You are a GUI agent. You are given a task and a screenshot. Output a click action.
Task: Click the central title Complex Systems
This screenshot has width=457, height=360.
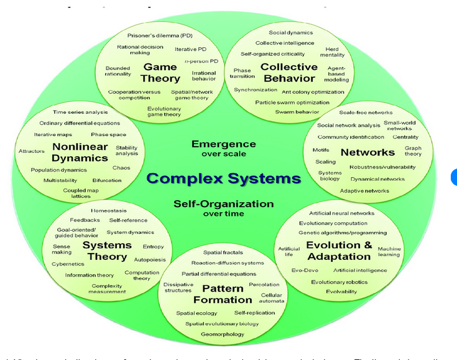click(x=224, y=179)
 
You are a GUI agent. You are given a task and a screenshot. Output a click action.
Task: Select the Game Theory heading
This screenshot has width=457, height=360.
click(x=160, y=73)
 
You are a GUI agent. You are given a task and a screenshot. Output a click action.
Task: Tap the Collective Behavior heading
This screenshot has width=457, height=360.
click(x=289, y=73)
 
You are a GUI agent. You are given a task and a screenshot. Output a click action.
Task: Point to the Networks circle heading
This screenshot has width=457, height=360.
click(x=367, y=152)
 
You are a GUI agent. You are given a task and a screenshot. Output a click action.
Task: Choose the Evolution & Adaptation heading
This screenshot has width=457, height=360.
click(x=338, y=251)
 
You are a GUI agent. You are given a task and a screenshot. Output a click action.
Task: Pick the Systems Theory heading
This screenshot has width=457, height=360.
click(x=107, y=251)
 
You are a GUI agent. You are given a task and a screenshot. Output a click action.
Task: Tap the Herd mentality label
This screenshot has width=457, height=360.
click(x=332, y=52)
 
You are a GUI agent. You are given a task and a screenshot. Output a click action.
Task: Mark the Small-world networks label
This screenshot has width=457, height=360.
click(x=399, y=125)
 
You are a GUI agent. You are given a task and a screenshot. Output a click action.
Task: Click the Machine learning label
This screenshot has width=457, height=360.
click(x=389, y=251)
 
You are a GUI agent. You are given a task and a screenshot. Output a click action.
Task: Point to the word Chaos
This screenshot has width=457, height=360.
click(x=121, y=168)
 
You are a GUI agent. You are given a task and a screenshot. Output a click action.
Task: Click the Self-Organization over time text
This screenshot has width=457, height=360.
click(x=223, y=208)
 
